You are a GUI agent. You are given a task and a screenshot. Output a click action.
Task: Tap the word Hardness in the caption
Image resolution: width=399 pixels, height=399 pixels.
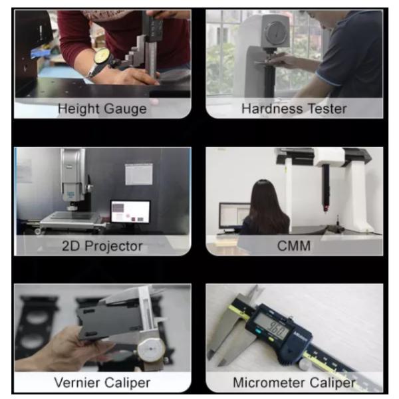pos(272,108)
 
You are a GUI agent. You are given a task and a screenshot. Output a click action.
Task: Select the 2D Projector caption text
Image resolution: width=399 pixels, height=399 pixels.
pos(102,246)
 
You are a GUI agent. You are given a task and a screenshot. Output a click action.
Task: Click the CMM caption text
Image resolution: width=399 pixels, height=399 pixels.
pos(294,246)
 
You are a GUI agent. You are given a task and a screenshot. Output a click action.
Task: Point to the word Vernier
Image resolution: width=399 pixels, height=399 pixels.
pos(77,383)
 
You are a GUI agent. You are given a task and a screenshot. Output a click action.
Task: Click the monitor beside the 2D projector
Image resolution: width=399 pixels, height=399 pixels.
pos(130,211)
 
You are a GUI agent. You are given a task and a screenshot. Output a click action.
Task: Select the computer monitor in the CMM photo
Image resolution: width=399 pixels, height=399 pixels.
pos(235,215)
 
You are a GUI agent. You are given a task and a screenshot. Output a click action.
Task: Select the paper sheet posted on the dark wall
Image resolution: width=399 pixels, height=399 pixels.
pos(139,174)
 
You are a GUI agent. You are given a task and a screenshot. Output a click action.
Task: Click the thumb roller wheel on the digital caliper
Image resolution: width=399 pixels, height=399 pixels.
pos(305,364)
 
